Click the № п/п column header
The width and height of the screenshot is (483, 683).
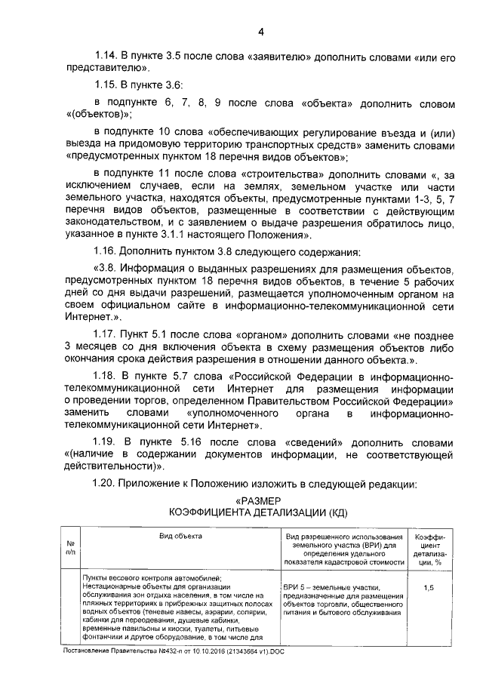(x=69, y=547)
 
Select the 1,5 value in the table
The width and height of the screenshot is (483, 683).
(x=429, y=586)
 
